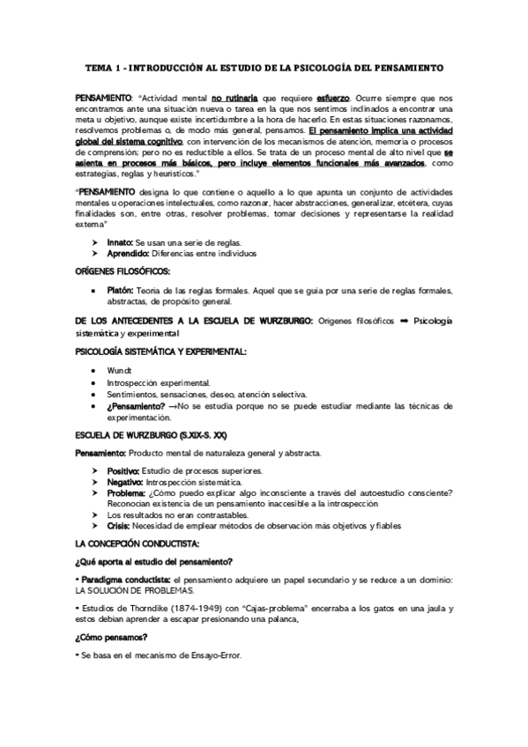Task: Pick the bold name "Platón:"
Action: [121, 291]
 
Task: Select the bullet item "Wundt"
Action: [118, 371]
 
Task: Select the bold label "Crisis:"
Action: [118, 525]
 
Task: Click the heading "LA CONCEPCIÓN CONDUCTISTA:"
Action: [138, 544]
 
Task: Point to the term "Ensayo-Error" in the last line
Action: [212, 655]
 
